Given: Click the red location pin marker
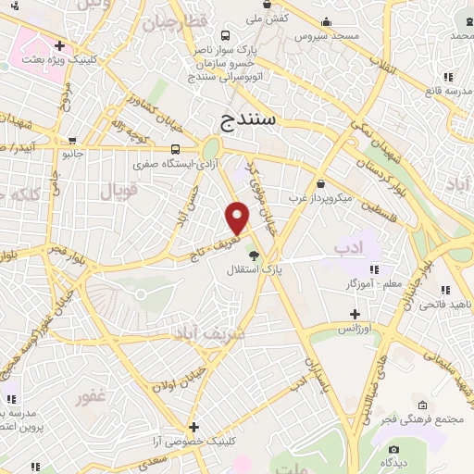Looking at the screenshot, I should (238, 217).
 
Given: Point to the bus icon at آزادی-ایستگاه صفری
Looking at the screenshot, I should (176, 149).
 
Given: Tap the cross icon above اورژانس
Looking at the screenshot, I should (354, 314).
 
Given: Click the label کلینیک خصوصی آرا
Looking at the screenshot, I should (197, 442).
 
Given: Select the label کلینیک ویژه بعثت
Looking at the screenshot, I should (62, 57).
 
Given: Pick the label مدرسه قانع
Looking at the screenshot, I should (447, 91).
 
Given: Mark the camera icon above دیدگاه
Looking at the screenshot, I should (385, 458).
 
